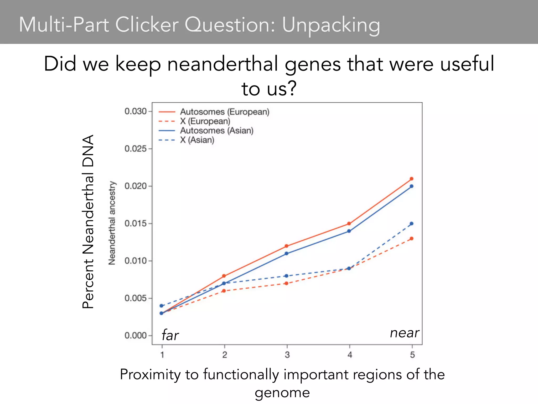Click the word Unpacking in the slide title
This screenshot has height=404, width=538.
point(331,25)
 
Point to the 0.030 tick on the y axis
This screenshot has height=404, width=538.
point(136,111)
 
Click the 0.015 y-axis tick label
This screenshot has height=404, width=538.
point(136,224)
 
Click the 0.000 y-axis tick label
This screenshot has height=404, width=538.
point(136,336)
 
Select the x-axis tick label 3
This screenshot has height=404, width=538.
point(287,355)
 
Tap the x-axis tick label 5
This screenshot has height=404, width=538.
point(412,355)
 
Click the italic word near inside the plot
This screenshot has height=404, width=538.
point(405,333)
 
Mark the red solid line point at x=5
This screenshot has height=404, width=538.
point(412,179)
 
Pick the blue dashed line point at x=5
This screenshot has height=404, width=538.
point(412,224)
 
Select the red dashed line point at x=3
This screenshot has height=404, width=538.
point(287,283)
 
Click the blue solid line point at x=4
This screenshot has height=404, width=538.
point(349,231)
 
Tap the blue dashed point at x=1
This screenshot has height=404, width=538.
point(162,306)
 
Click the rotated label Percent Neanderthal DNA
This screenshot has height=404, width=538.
point(88,221)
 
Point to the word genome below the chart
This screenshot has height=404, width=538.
point(282,392)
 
